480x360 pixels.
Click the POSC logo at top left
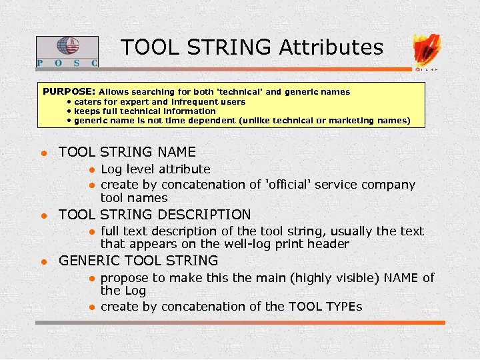[x=67, y=51]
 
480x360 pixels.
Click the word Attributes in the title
[x=331, y=47]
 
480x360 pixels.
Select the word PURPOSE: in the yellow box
[x=69, y=91]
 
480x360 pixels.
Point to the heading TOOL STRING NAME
[x=127, y=152]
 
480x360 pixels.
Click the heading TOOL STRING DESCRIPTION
[x=155, y=215]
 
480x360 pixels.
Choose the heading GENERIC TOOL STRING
[x=139, y=261]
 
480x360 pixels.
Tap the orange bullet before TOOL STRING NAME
[x=43, y=153]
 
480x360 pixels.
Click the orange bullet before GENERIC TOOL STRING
[x=43, y=261]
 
